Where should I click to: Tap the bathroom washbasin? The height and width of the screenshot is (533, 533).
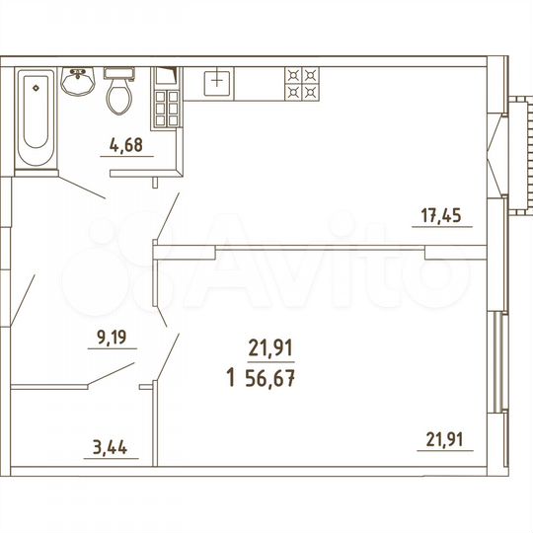pos(77,83)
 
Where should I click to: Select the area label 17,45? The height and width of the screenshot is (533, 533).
pos(441,217)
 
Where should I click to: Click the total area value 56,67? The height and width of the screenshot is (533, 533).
pos(271,378)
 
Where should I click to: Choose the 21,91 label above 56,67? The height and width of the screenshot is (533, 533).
pos(271,347)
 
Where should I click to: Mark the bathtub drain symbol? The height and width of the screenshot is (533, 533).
pos(36,86)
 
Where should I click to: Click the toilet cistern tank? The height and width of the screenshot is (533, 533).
pos(119,73)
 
